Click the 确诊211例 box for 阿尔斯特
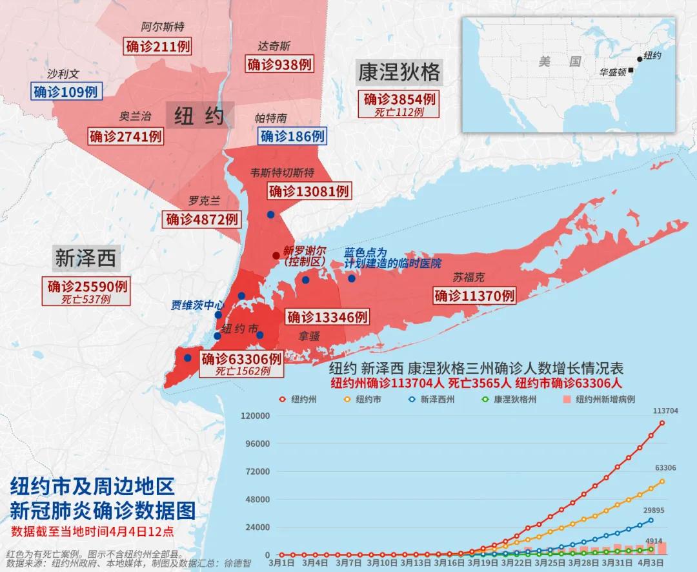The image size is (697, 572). click(154, 46)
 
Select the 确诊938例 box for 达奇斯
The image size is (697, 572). click(279, 64)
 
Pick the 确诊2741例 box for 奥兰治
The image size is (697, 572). click(126, 136)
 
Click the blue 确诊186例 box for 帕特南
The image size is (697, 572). click(292, 136)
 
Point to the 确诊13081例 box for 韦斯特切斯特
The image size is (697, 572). click(308, 191)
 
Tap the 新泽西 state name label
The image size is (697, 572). click(85, 258)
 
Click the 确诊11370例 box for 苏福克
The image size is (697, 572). click(474, 296)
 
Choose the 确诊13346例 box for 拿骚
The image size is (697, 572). click(327, 317)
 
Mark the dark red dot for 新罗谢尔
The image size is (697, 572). click(276, 255)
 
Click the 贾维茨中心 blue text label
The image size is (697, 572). click(197, 305)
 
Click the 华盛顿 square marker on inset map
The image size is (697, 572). click(631, 70)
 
